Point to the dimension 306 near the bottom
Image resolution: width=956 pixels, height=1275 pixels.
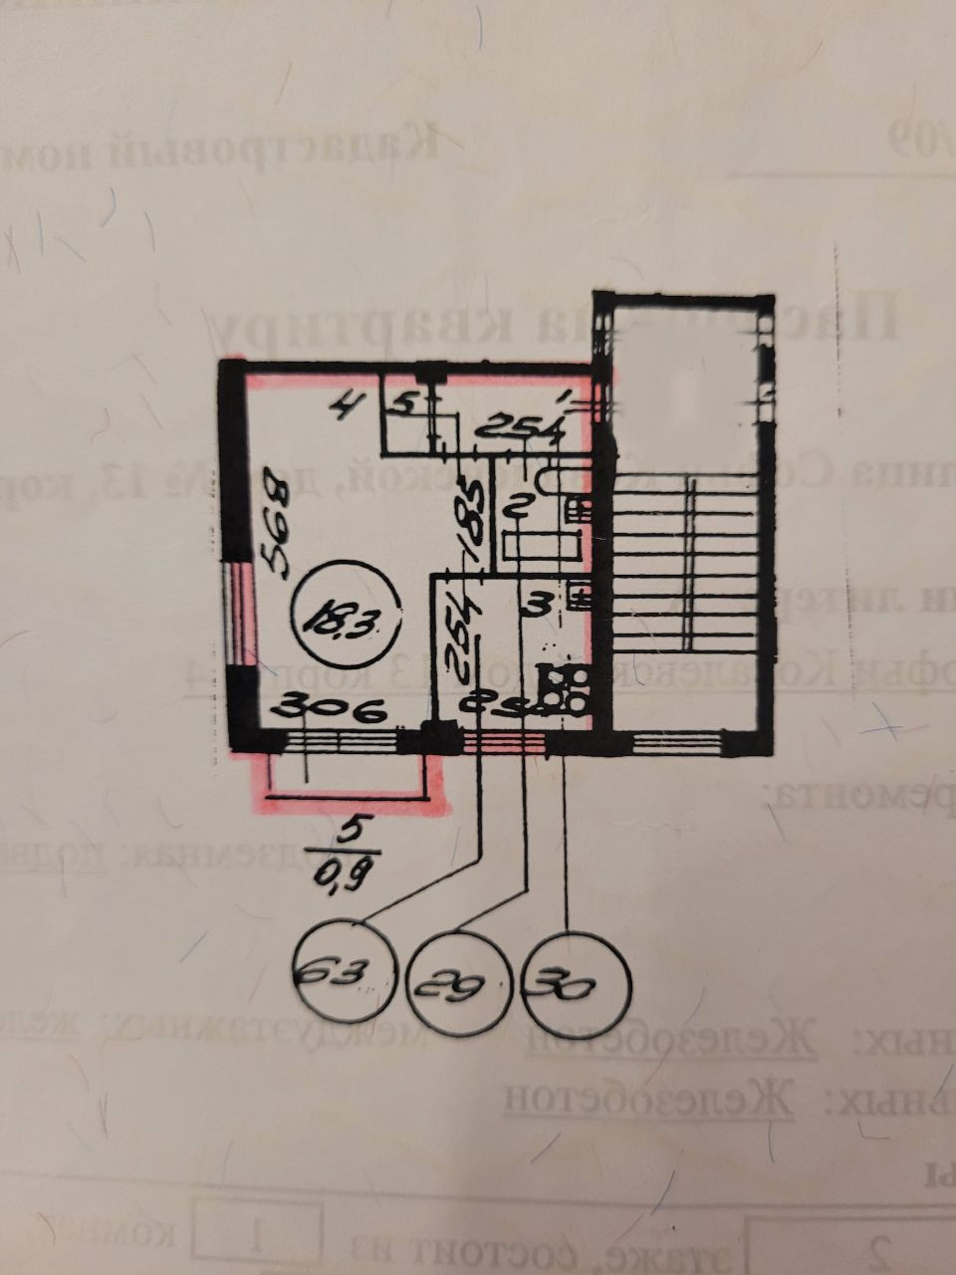(328, 709)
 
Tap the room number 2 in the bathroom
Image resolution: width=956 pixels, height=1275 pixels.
(517, 507)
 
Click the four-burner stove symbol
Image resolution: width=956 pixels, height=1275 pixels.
(563, 687)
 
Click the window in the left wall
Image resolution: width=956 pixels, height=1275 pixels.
(237, 613)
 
